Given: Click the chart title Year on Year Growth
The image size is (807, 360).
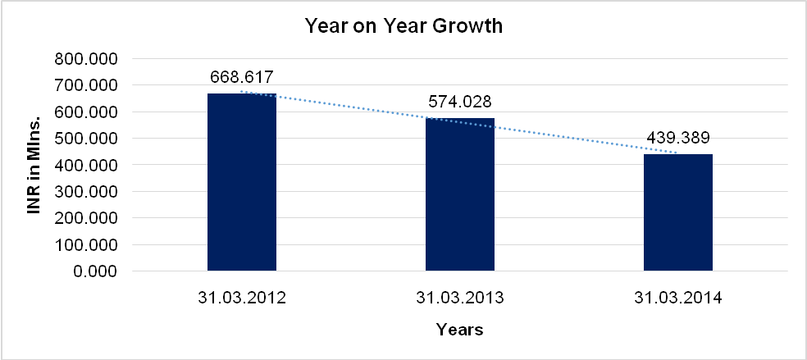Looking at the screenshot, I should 403,26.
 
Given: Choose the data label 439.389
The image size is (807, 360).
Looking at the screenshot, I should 678,138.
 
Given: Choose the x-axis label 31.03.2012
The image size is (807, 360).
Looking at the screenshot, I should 242,298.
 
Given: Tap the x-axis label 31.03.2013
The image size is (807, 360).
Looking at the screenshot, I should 460,298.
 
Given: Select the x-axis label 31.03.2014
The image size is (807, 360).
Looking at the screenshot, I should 678,298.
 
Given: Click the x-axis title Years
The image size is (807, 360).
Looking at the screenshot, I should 459,330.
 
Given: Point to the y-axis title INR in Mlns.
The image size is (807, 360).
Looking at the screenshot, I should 34,165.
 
